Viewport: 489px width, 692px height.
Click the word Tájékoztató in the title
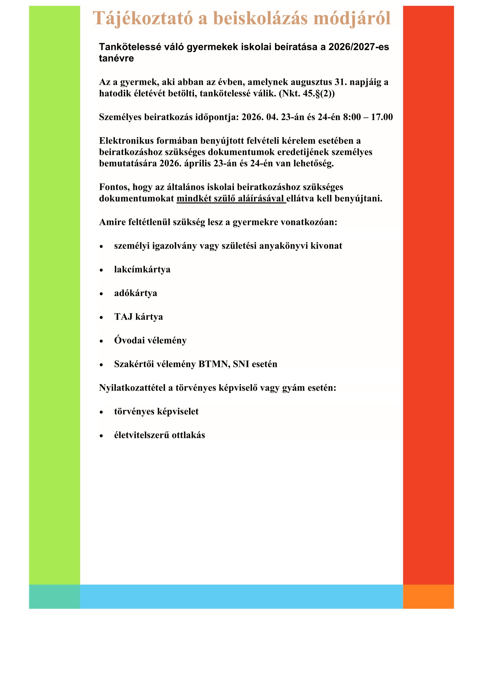click(x=143, y=18)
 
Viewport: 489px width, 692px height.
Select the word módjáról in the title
click(x=352, y=18)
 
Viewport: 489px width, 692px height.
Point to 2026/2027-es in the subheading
click(x=359, y=47)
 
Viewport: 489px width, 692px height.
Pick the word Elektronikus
click(x=126, y=141)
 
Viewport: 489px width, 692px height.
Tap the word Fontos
click(x=114, y=187)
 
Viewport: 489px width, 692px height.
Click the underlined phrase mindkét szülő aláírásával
click(x=231, y=199)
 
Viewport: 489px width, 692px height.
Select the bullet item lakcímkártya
click(x=142, y=270)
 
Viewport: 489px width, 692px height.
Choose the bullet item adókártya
click(x=135, y=293)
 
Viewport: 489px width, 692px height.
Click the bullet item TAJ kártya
click(x=138, y=317)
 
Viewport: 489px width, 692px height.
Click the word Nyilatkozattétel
click(x=132, y=388)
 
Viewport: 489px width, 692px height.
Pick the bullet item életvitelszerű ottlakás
click(x=159, y=435)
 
